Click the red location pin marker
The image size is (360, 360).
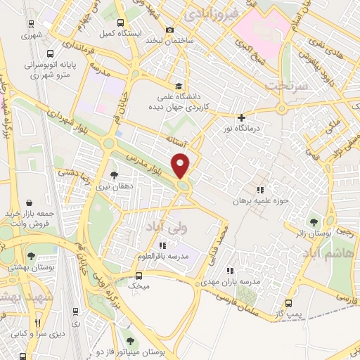click(x=181, y=165)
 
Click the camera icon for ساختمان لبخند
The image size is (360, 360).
click(x=169, y=30)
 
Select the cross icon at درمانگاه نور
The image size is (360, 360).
click(x=242, y=117)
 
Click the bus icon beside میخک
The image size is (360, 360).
click(x=139, y=276)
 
